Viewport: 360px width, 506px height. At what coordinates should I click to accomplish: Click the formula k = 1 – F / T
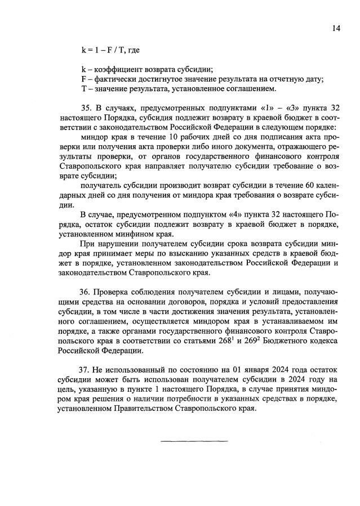pos(104,51)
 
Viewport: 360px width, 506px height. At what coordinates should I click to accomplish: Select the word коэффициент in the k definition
pos(118,70)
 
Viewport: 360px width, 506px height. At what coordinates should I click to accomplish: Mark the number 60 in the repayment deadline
pos(297,185)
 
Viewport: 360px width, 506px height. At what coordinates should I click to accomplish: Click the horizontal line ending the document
pos(195,441)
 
